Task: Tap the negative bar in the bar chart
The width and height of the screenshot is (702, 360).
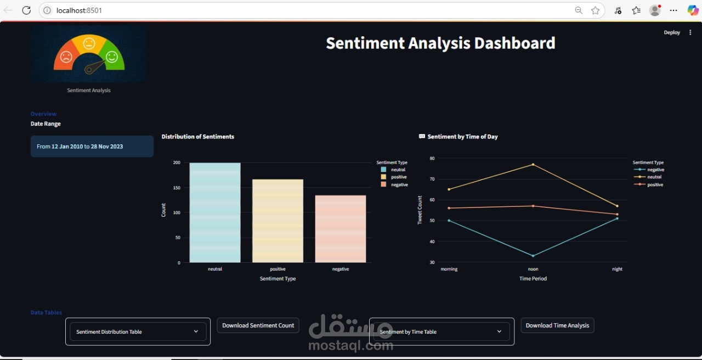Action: click(340, 229)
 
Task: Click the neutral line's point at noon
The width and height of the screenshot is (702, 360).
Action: click(533, 165)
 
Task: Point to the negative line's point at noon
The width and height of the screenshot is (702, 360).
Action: click(533, 256)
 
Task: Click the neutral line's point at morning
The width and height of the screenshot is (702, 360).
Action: click(449, 189)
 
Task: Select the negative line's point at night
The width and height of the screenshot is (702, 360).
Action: click(617, 218)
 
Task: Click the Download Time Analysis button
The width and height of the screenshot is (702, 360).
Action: click(557, 325)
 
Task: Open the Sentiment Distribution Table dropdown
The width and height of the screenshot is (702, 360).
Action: click(138, 331)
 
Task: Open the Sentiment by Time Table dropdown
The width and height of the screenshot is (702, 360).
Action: click(441, 331)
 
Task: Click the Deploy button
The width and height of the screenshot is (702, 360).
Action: click(672, 32)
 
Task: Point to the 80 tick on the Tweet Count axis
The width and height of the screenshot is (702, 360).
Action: click(432, 159)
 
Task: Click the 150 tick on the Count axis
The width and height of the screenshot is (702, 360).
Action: click(177, 188)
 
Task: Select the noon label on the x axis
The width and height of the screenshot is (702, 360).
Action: click(533, 269)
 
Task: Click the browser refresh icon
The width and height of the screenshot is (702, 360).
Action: click(26, 10)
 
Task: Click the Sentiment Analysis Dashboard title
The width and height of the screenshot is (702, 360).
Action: click(440, 43)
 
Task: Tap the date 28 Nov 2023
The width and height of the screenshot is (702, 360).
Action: click(107, 147)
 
